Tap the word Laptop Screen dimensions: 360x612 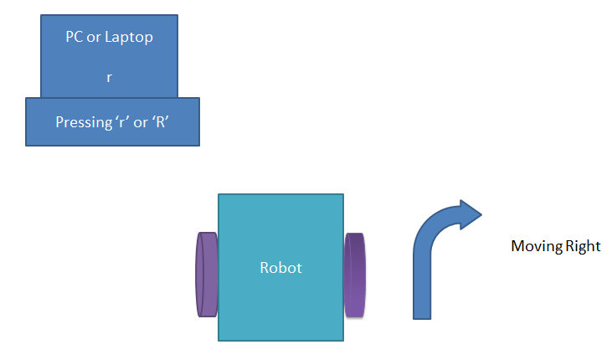[x=131, y=38]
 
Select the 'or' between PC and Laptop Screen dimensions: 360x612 [x=98, y=38]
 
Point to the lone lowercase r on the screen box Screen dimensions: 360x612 [x=109, y=76]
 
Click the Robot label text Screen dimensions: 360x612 [x=280, y=269]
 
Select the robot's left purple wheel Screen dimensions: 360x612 [x=206, y=274]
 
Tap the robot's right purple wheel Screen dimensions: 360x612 [x=355, y=275]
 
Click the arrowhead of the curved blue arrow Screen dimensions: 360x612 [x=469, y=214]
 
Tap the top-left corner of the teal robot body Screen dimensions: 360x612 [x=219, y=196]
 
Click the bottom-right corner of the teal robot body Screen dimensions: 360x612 [x=342, y=339]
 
